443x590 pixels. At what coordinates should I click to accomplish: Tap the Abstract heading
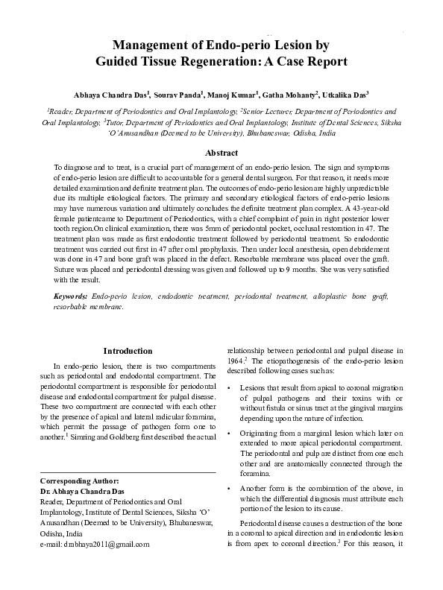221,152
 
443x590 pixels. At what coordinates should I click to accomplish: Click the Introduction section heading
128,351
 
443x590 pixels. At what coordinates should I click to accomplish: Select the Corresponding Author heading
78,482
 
